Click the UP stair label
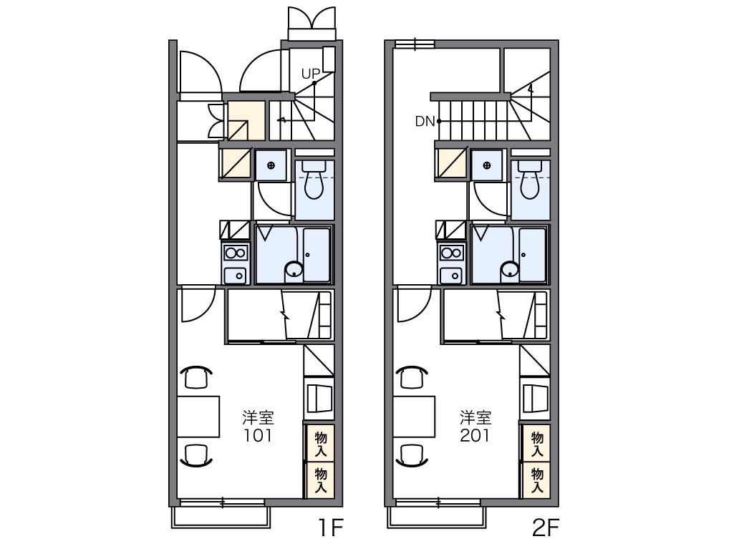coord(311,74)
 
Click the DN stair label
coord(425,122)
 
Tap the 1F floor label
coord(331,528)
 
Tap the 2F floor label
coord(545,528)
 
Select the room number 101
coord(258,435)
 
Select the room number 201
coord(475,435)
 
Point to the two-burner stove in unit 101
coord(236,254)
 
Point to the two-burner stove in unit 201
coord(452,254)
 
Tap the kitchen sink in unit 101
coord(236,275)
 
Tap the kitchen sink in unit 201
coord(451,275)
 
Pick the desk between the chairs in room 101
coord(198,417)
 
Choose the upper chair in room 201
coord(411,376)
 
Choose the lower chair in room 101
coord(196,455)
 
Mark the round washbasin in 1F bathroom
coord(294,270)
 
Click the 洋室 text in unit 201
coord(475,417)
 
